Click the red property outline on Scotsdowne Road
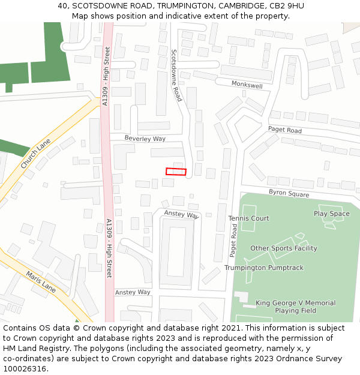pos(176,172)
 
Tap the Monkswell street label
pos(247,86)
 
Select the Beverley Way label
pos(145,139)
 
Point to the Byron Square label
pos(289,194)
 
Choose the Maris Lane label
pos(41,283)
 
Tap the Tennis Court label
pos(248,218)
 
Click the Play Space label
pos(331,214)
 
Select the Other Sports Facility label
pos(283,248)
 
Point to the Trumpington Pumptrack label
pos(264,268)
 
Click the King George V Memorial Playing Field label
pos(295,307)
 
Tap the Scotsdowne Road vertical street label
pos(176,75)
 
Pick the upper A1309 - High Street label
pos(106,76)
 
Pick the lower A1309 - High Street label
pos(109,248)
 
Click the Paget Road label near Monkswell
pos(284,130)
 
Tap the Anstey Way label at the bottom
pos(133,292)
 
